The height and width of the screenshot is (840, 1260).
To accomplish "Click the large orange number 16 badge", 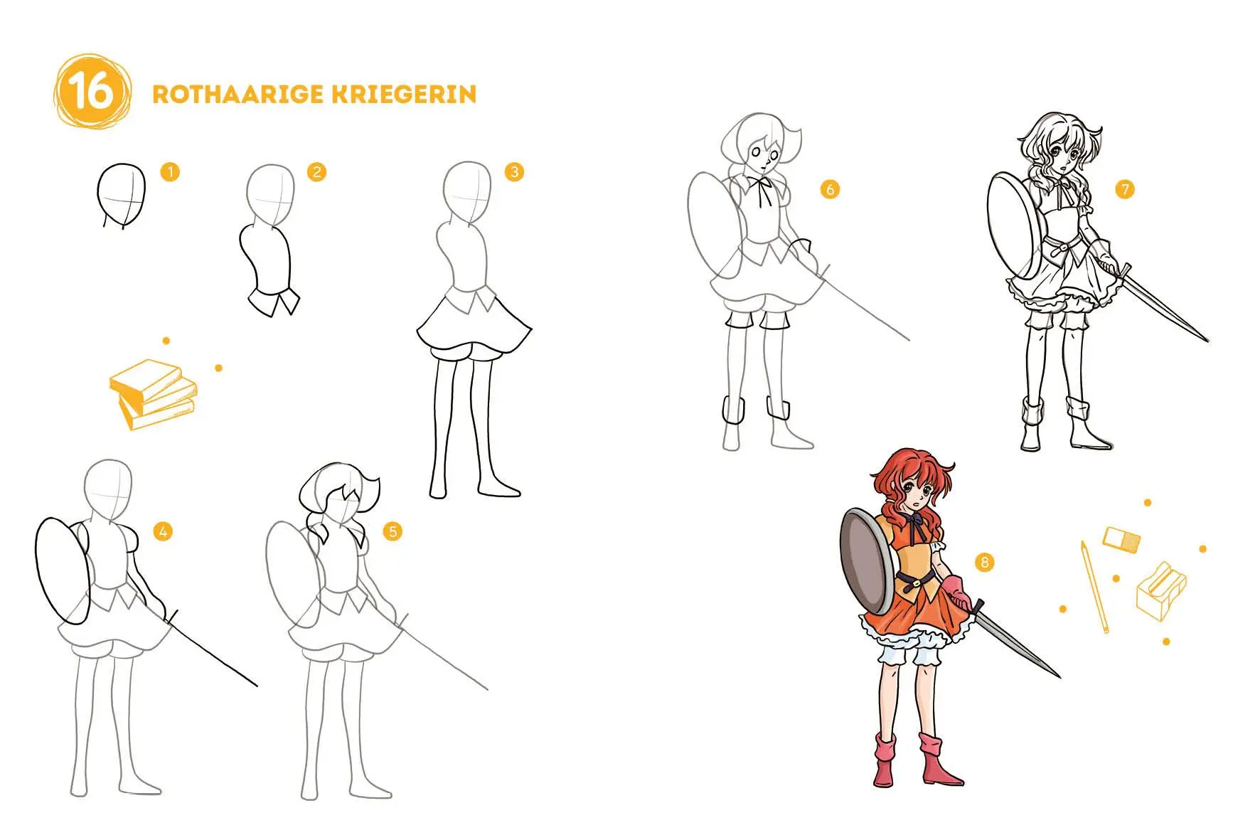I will [92, 92].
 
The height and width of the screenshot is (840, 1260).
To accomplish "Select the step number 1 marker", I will [170, 171].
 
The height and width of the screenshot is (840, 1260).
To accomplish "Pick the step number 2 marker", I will [317, 171].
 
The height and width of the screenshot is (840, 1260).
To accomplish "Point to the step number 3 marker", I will [514, 171].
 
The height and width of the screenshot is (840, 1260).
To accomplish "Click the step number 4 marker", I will [163, 531].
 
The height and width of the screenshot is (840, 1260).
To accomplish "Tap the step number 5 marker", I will [392, 531].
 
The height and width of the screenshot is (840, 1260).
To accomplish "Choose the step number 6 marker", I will [829, 189].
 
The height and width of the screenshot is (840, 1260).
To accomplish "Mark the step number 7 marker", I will [1124, 189].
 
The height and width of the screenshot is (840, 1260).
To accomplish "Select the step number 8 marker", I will [984, 563].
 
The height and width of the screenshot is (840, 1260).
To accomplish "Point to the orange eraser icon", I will [1121, 538].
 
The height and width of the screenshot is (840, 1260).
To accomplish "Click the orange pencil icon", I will [1095, 587].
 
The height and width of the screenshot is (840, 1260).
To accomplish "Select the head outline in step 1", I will [122, 193].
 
